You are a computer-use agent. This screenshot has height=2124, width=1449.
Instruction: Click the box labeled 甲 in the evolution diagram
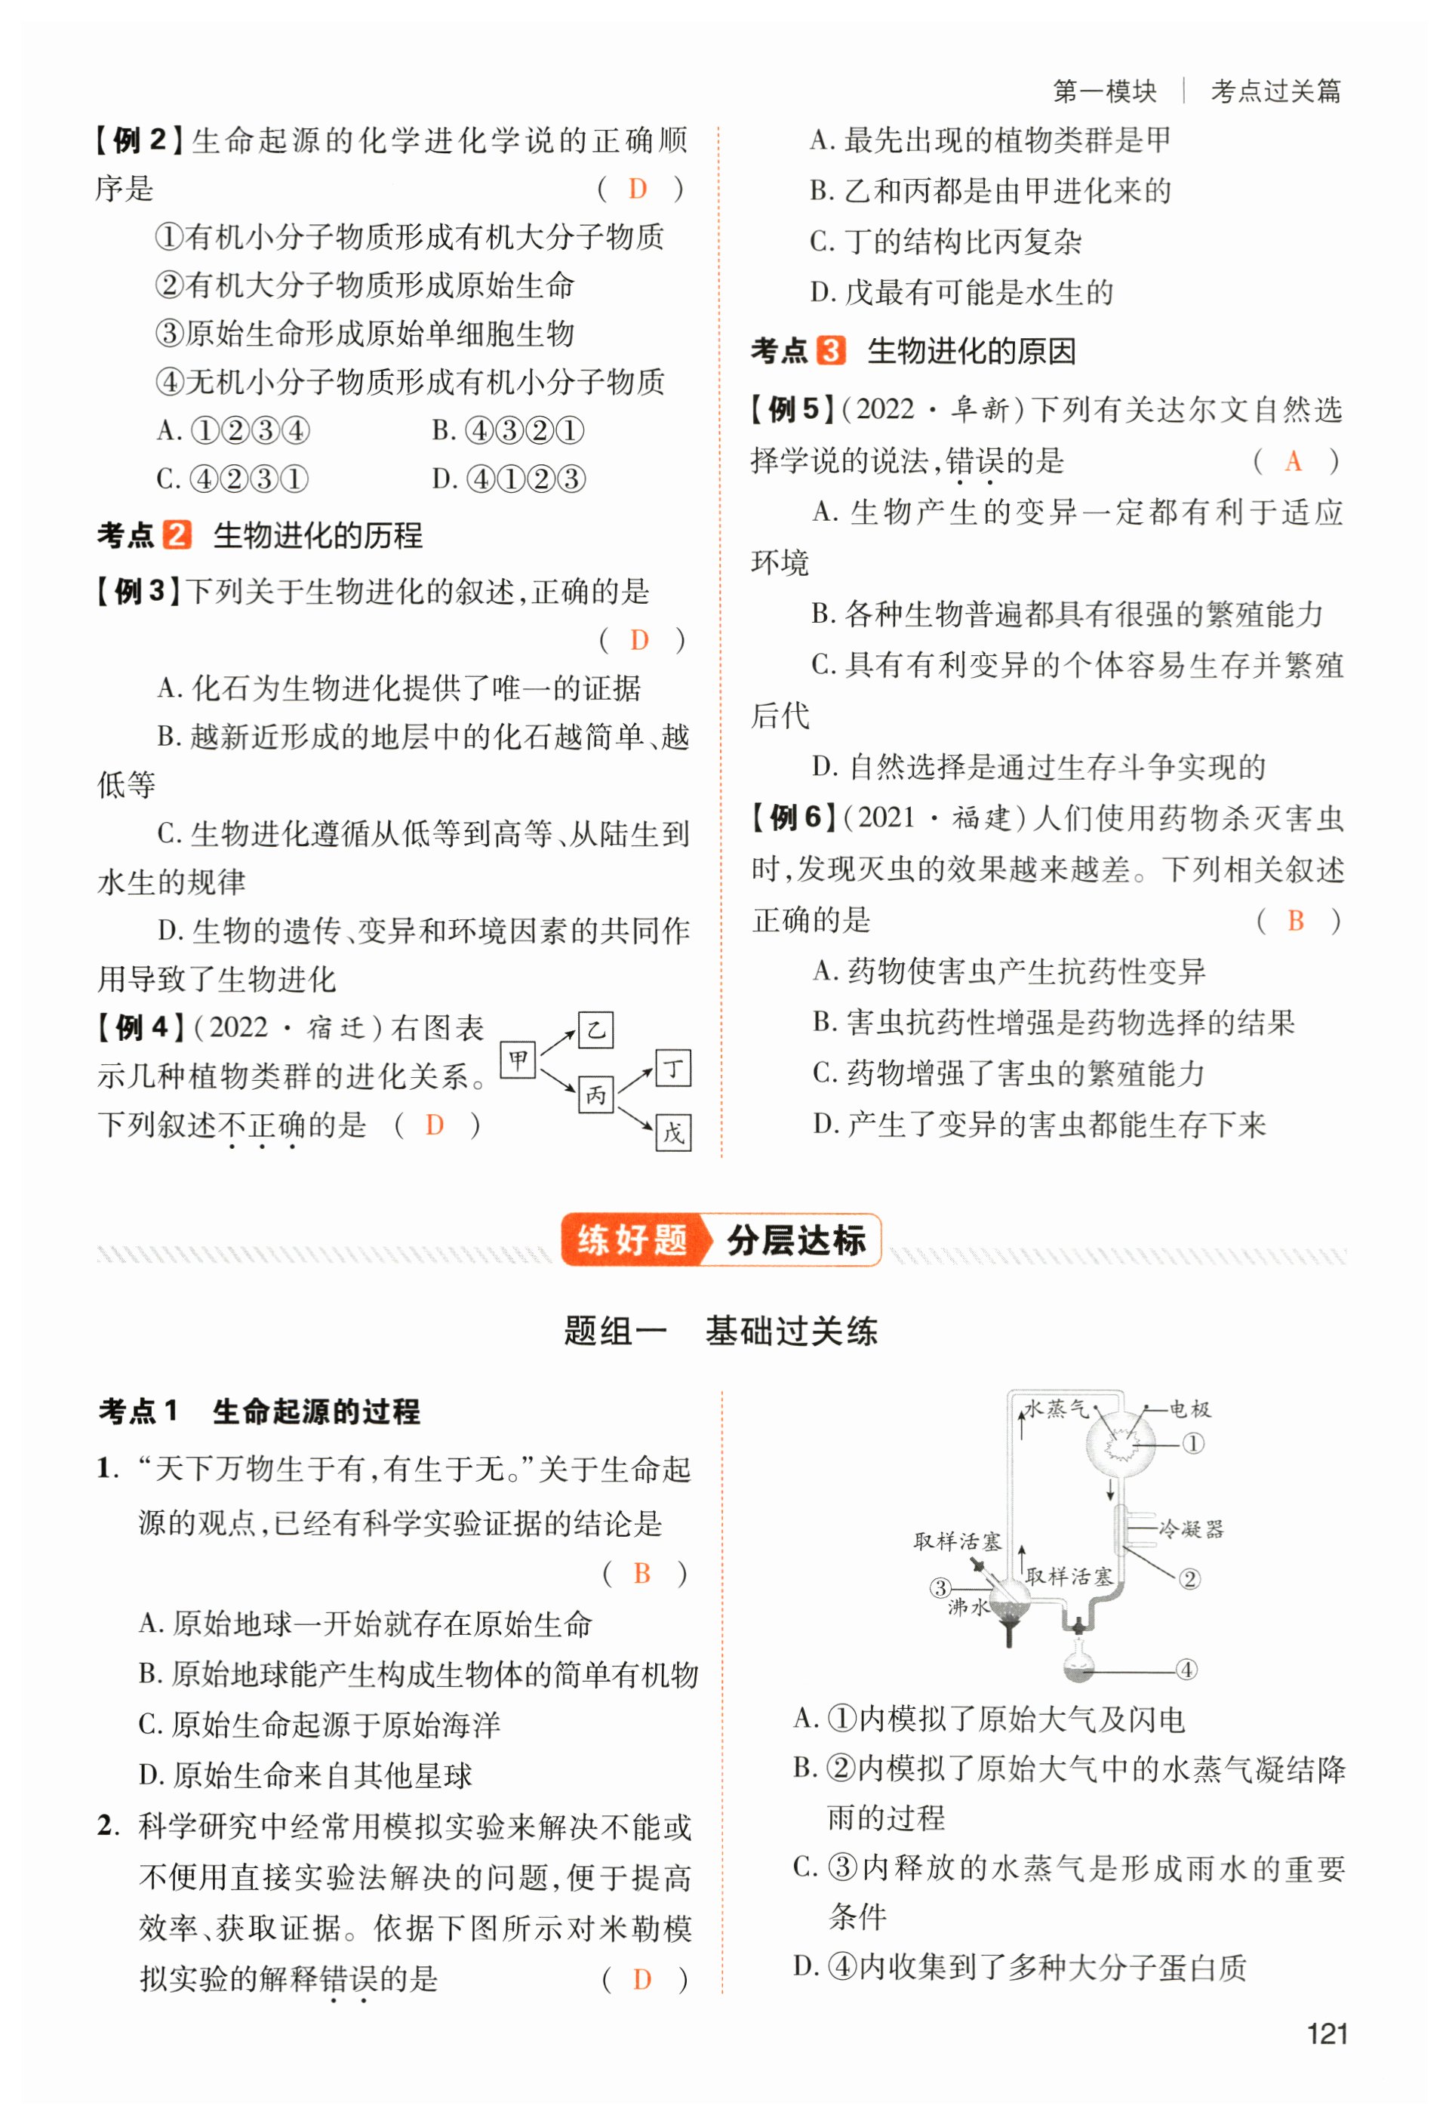click(x=518, y=1060)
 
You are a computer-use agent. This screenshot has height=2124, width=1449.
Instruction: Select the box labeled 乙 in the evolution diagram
click(x=595, y=1030)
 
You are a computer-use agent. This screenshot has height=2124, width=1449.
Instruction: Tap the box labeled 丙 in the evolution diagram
click(x=595, y=1094)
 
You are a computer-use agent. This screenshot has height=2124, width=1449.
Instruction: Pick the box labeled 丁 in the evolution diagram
click(x=673, y=1067)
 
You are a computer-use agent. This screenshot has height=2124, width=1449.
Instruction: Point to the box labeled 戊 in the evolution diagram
click(x=673, y=1133)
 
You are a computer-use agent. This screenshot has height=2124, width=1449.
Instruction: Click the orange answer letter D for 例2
click(x=638, y=189)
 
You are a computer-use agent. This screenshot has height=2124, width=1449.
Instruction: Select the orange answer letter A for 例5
click(x=1293, y=460)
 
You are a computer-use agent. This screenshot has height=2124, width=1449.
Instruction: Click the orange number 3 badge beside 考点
click(x=830, y=350)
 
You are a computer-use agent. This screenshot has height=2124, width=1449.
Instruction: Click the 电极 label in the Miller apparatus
click(x=1190, y=1409)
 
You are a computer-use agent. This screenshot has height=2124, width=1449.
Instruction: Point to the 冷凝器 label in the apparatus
click(x=1190, y=1528)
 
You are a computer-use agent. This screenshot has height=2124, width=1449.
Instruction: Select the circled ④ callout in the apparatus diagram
click(x=1186, y=1670)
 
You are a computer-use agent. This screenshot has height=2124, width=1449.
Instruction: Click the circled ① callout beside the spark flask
click(x=1193, y=1444)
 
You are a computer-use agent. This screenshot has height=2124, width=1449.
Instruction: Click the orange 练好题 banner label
click(x=632, y=1239)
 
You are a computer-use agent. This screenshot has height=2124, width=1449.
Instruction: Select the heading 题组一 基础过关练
click(x=720, y=1331)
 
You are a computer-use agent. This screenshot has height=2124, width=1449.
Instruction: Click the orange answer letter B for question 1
click(x=641, y=1573)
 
